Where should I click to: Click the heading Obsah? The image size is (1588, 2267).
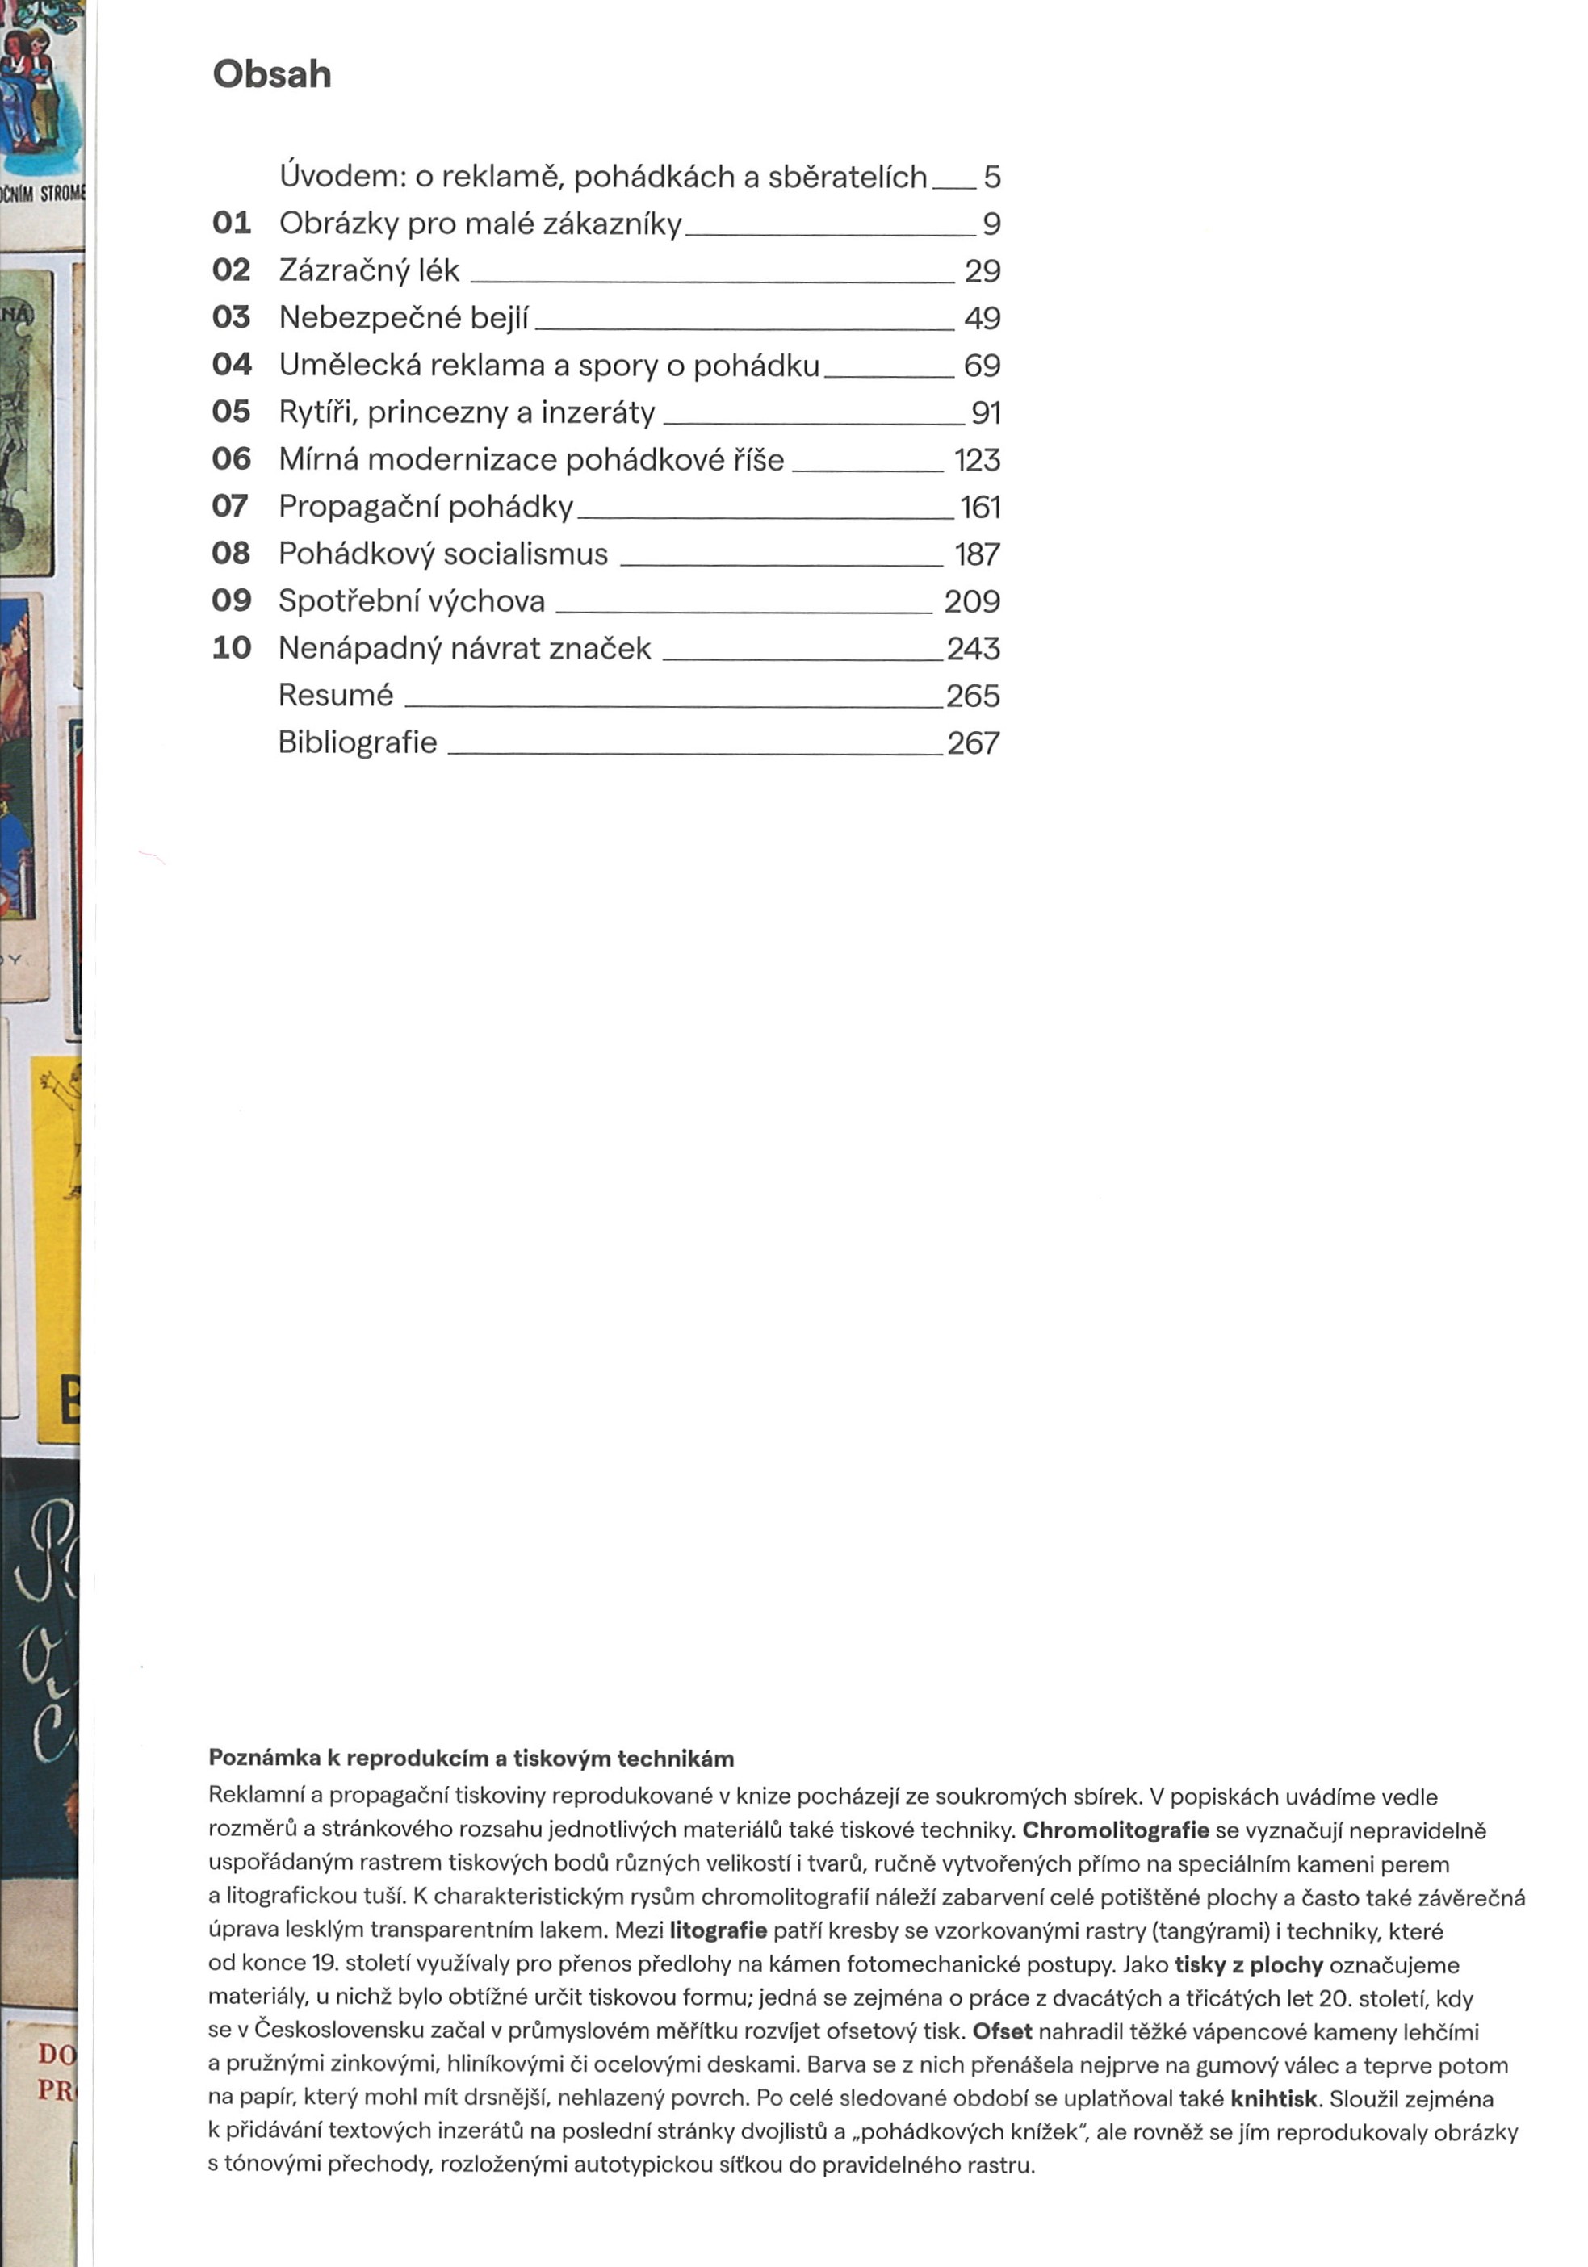click(271, 74)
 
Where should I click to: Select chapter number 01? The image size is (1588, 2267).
click(231, 223)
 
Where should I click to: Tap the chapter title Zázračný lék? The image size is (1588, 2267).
click(369, 270)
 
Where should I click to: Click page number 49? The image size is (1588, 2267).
click(982, 318)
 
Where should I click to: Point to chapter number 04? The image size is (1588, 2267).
click(231, 364)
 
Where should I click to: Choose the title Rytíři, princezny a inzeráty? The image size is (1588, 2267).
click(466, 412)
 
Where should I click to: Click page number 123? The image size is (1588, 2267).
click(977, 459)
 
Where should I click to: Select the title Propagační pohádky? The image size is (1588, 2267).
click(425, 507)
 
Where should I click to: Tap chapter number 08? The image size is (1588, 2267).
click(231, 553)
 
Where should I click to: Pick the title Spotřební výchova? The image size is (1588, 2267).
click(411, 600)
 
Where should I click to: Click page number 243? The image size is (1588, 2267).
click(973, 648)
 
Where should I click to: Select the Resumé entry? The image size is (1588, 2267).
click(336, 695)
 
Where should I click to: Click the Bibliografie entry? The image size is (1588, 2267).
click(358, 742)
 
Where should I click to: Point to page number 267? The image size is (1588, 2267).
click(973, 742)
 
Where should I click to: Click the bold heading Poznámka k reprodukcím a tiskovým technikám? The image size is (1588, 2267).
click(471, 1759)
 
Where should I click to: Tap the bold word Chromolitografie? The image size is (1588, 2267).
click(1115, 1830)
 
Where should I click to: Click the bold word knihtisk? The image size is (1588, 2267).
click(1273, 2098)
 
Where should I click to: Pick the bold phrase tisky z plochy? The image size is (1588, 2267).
click(1248, 1964)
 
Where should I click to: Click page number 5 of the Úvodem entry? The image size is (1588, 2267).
click(991, 177)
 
